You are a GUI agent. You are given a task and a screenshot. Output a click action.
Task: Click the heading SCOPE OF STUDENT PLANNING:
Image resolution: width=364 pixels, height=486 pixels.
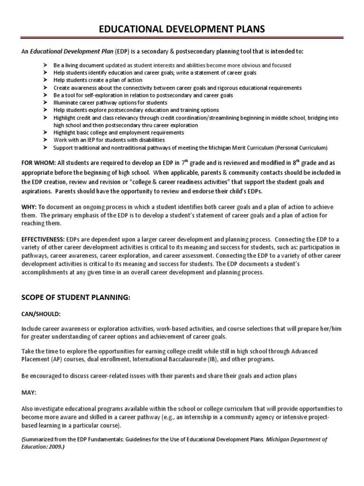click(x=76, y=297)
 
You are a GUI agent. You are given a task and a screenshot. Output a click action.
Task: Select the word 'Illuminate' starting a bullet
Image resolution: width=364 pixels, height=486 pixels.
click(x=65, y=103)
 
